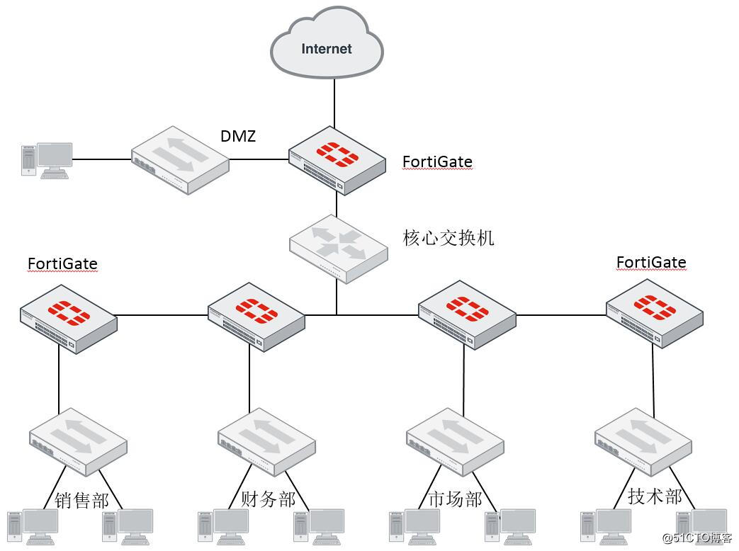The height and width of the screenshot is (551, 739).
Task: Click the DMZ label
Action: coord(237,136)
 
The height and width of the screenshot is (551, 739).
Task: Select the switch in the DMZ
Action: coord(180,160)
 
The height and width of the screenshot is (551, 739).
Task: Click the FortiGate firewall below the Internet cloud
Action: coord(337,160)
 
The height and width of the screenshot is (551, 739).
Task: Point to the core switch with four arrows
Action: coord(338,248)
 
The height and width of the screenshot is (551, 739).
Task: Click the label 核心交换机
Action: coord(448,238)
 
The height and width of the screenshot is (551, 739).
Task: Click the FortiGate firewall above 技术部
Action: coord(654,312)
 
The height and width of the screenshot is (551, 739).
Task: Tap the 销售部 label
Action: coord(82,500)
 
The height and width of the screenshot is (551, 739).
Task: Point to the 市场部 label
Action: coord(455,499)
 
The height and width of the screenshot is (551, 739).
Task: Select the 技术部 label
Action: coord(655,496)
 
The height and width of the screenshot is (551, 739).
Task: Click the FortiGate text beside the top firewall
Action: coord(437,162)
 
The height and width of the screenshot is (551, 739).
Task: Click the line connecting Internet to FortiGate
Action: coord(335,103)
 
